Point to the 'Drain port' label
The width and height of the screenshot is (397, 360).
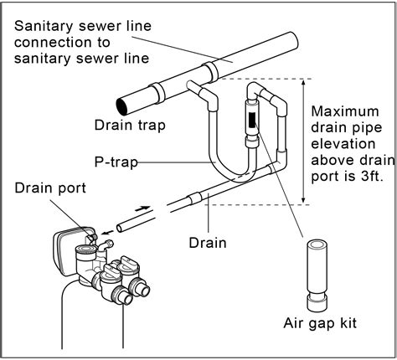47,185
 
